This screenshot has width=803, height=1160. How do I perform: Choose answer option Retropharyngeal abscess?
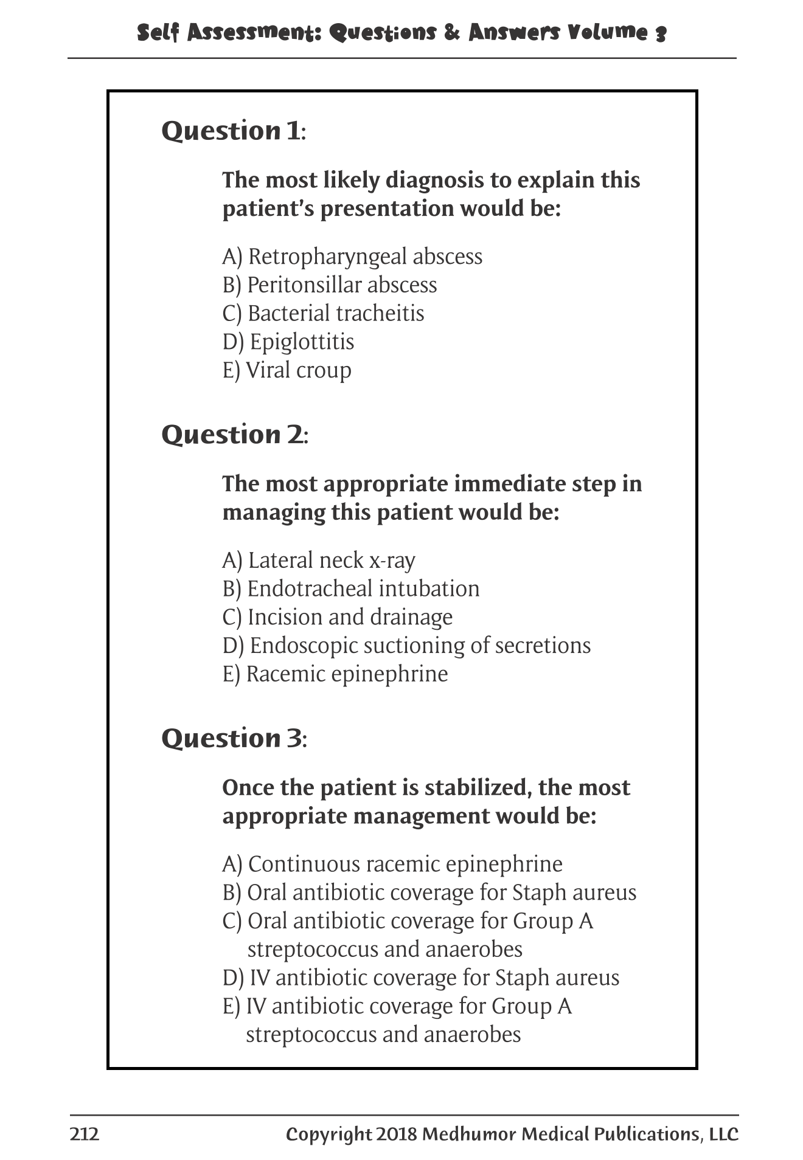[x=352, y=257]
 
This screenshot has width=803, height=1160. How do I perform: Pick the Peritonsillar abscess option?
[x=330, y=285]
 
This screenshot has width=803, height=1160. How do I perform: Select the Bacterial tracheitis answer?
[x=323, y=314]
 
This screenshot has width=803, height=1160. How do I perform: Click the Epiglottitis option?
[x=288, y=342]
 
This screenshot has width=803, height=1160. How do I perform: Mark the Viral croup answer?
[x=287, y=370]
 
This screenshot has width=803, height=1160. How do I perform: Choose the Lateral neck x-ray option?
[x=319, y=561]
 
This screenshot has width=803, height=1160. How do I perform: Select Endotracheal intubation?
[x=351, y=589]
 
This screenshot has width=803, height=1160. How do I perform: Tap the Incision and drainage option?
[x=338, y=617]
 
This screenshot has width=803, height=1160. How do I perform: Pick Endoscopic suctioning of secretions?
[x=406, y=646]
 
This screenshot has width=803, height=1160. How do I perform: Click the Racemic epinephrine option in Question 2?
[x=335, y=674]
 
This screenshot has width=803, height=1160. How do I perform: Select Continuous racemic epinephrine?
[x=392, y=865]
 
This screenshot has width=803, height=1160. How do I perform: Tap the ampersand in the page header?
[x=452, y=32]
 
